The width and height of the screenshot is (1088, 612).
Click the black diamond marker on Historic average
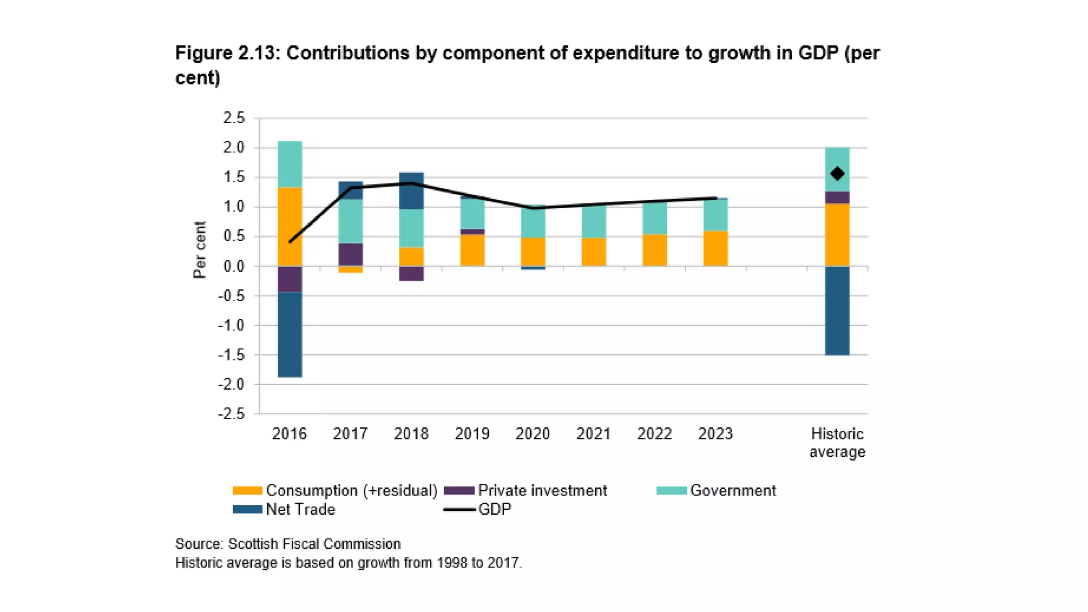(837, 174)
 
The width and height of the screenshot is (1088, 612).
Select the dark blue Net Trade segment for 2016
(290, 334)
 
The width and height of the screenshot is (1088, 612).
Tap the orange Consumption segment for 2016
(290, 226)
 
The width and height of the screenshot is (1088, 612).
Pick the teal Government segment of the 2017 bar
(351, 221)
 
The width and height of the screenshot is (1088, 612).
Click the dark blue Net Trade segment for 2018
(411, 191)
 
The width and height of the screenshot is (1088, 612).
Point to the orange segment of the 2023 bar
(715, 248)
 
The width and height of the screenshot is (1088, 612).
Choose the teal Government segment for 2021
(593, 222)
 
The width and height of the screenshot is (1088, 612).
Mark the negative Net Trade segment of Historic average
(837, 310)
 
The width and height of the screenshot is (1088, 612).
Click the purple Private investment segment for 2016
(290, 279)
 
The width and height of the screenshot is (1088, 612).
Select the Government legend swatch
(671, 490)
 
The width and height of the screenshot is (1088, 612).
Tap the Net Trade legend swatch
(247, 509)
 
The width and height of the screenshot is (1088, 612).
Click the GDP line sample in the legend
(459, 509)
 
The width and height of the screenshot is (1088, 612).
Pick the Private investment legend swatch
(459, 490)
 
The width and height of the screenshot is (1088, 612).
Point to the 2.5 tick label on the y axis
(234, 118)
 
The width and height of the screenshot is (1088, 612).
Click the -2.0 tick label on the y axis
(232, 384)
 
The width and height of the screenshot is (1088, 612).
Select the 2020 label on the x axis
(532, 434)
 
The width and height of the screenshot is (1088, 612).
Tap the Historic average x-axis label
(837, 443)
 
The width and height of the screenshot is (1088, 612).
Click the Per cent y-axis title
(199, 250)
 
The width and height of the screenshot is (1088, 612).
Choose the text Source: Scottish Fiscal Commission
(288, 544)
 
